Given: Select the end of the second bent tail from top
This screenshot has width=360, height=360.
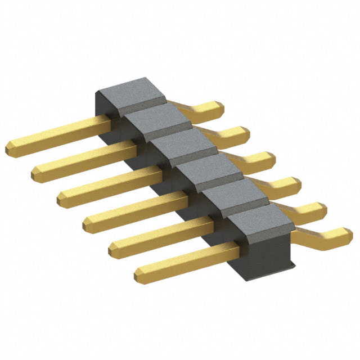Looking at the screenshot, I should click(x=245, y=133).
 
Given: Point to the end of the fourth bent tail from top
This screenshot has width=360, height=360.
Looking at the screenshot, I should click(x=296, y=183).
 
